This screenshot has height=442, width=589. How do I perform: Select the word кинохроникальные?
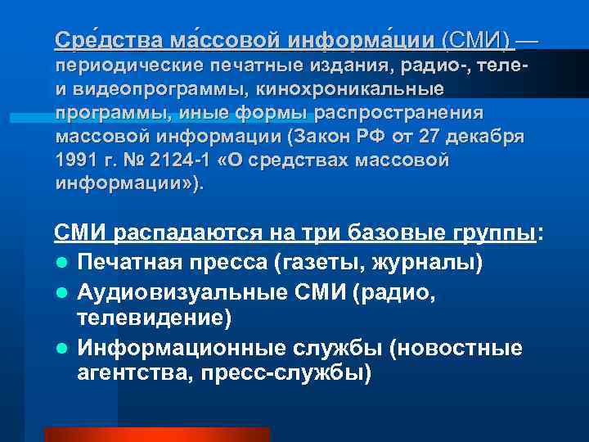[366, 88]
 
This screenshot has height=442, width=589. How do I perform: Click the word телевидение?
[150, 318]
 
